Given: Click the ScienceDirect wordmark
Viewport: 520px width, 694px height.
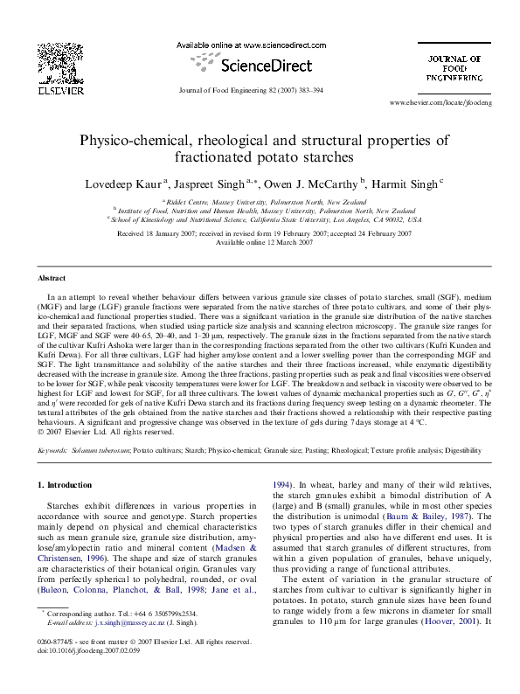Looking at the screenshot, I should pos(259,64).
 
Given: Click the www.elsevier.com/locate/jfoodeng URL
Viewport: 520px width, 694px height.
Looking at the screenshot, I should pos(441,103).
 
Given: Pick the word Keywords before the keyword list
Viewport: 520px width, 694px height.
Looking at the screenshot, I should pos(55,449).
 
